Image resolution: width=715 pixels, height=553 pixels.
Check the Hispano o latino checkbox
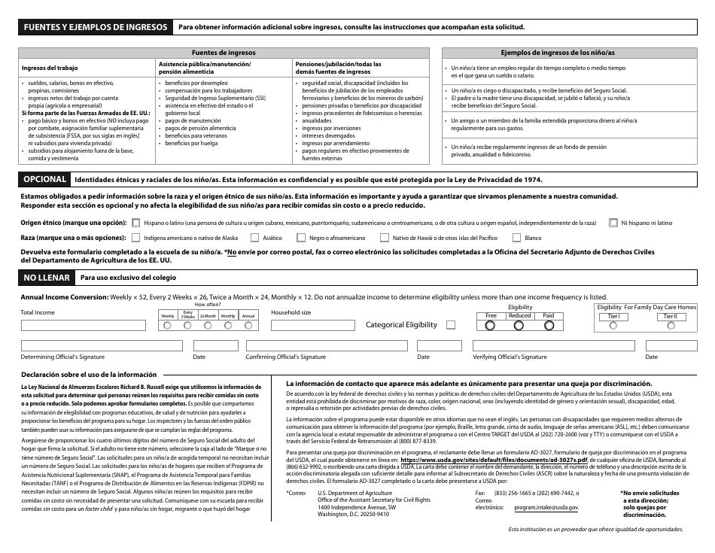pyautogui.click(x=135, y=223)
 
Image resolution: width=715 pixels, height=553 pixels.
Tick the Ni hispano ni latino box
pyautogui.click(x=614, y=223)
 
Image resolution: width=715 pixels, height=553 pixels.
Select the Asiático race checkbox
pyautogui.click(x=255, y=237)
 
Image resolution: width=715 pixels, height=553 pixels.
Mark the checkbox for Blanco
pyautogui.click(x=516, y=237)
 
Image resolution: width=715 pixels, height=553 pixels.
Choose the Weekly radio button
pyautogui.click(x=167, y=326)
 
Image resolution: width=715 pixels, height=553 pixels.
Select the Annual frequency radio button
pyautogui.click(x=248, y=326)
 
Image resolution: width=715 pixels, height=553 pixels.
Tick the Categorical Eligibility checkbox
pyautogui.click(x=451, y=325)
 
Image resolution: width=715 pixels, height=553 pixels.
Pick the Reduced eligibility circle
pyautogui.click(x=519, y=326)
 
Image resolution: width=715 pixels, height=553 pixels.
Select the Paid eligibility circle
pyautogui.click(x=548, y=326)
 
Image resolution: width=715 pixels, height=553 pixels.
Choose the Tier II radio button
pyautogui.click(x=670, y=326)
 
